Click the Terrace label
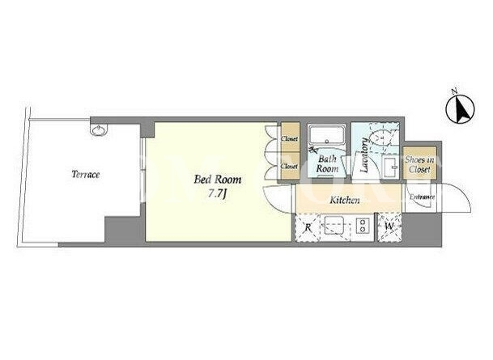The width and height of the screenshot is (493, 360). tap(86, 175)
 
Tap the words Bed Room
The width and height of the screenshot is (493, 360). tap(218, 180)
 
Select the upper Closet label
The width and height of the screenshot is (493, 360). tap(289, 138)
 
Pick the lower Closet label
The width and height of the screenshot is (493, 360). tap(289, 166)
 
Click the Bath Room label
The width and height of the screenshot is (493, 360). tap(327, 163)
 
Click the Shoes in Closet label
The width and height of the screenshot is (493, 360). tap(420, 164)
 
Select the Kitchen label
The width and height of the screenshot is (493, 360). tap(345, 200)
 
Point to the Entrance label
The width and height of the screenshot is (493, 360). tap(422, 197)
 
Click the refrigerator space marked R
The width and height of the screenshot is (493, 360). tap(308, 227)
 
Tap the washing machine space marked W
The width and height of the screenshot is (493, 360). tap(389, 227)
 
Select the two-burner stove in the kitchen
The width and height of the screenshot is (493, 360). tap(363, 226)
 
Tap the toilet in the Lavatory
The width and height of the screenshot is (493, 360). tap(381, 135)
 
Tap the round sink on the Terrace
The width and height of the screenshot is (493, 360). tap(99, 129)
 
